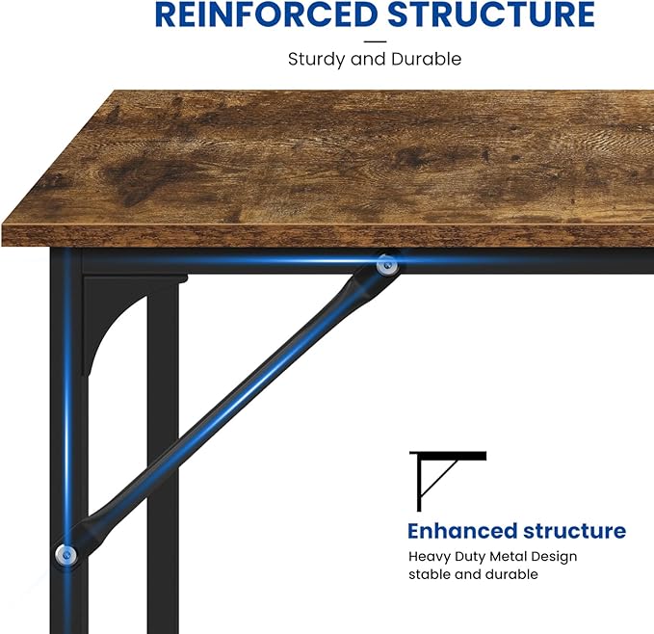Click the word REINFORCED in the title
coord(266,14)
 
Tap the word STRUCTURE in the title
coord(491,14)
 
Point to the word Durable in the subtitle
coord(427,59)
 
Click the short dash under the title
coord(375,41)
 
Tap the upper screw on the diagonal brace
coord(387,265)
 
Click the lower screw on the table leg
coord(65,555)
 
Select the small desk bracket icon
coord(448,482)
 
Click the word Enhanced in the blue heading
coord(462,531)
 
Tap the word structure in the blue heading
coord(575,531)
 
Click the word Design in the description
coord(553,557)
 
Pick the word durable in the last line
coord(511,574)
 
